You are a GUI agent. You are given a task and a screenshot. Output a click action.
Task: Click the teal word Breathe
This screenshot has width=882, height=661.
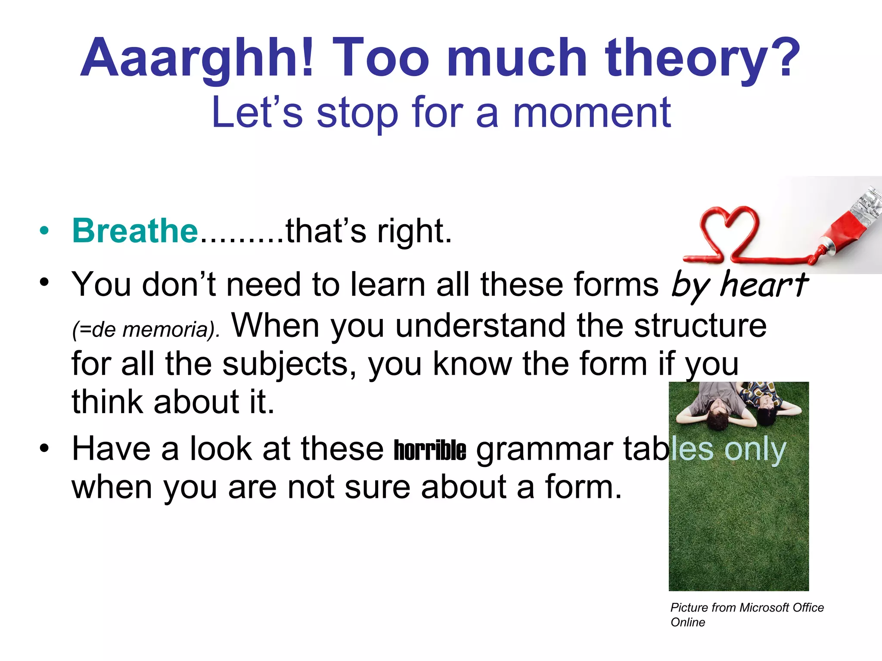coord(135,231)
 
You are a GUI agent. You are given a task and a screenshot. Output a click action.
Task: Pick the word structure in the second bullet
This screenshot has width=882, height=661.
coord(700,326)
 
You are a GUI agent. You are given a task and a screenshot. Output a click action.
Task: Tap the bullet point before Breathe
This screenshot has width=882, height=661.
coord(44,231)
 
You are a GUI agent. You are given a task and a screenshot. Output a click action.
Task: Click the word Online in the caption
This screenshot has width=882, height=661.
coord(688,622)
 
